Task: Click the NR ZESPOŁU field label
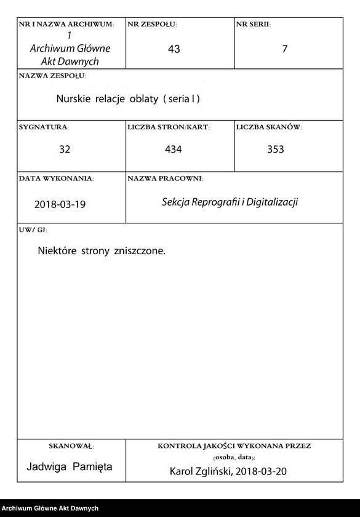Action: point(152,25)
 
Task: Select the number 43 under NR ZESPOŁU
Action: point(174,49)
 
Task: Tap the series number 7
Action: point(284,49)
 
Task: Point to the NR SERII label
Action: point(253,25)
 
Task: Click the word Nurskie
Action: point(74,98)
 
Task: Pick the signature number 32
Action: point(65,150)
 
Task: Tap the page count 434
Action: point(174,150)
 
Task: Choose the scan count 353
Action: point(276,150)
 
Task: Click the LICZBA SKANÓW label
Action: point(268,127)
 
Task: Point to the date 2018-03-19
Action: point(60,204)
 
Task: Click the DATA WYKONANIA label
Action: point(56,178)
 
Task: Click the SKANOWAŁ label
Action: point(71,446)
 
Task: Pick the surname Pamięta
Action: point(92,467)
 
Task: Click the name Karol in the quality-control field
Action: point(183,471)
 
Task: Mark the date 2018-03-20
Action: point(262,471)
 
